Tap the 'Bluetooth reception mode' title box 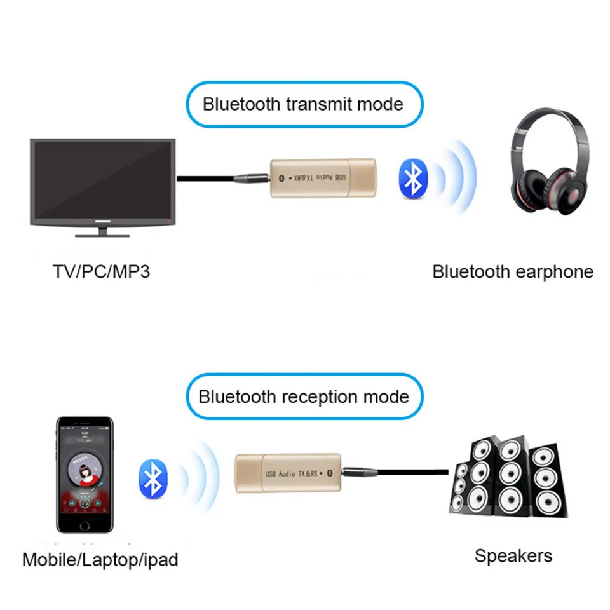303,397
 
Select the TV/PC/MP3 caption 102,272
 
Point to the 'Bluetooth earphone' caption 512,272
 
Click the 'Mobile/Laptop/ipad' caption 100,560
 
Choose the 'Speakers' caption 513,556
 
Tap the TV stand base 102,233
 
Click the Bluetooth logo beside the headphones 413,179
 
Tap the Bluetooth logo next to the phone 152,479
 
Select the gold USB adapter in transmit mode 324,177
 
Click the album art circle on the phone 85,473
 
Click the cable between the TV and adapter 203,179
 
